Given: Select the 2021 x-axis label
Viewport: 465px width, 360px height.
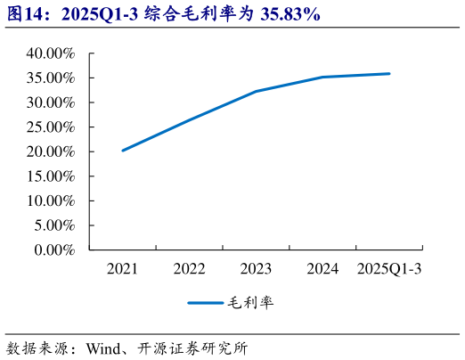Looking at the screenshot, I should click(x=122, y=268).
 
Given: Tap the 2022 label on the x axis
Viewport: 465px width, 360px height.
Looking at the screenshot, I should click(x=189, y=268).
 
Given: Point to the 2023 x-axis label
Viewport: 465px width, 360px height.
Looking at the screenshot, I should click(x=256, y=268).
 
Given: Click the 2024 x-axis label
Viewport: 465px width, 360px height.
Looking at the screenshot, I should click(x=322, y=268).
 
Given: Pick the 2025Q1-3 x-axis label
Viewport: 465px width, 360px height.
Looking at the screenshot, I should click(x=389, y=268).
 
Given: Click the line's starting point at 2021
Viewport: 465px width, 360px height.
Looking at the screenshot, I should click(x=122, y=151).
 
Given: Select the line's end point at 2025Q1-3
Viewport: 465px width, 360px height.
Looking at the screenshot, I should click(x=389, y=74).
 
